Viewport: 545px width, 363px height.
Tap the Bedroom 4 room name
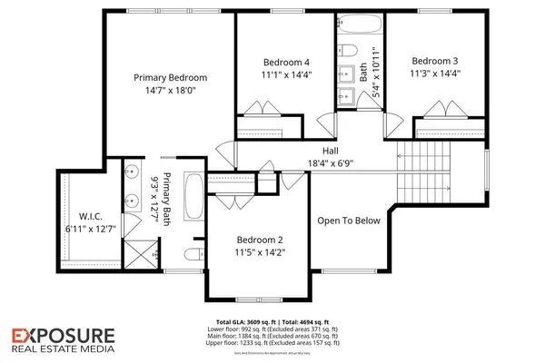coord(280,63)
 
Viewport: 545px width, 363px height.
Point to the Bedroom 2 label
coord(253,240)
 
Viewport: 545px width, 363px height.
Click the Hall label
coord(331,151)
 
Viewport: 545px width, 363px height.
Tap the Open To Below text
coord(348,220)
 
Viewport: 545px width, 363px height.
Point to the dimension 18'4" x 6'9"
coord(331,163)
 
